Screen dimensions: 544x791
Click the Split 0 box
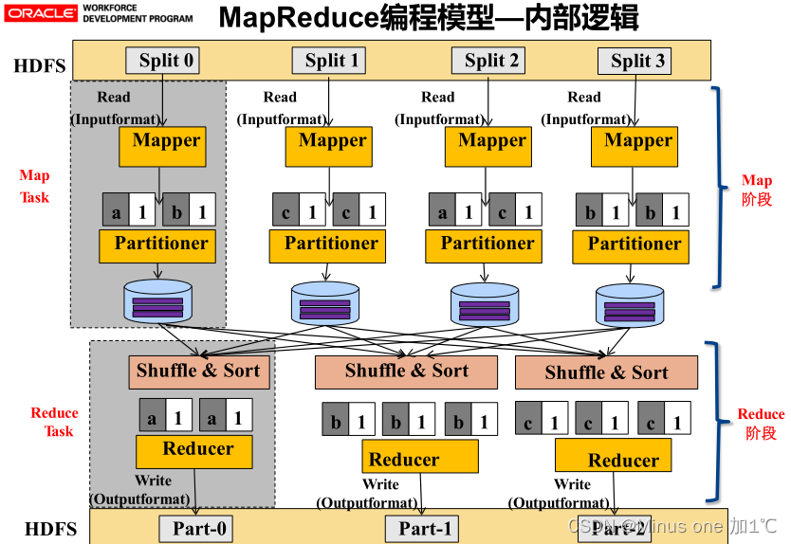[x=162, y=61]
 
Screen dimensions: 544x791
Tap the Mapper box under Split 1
[x=328, y=146]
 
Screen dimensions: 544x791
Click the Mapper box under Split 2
[x=487, y=146]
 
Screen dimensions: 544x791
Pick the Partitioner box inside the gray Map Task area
[x=157, y=245]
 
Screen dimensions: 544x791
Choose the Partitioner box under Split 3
[x=631, y=245]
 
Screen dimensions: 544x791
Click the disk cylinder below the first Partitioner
[x=157, y=300]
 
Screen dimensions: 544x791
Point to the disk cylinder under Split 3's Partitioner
[x=630, y=305]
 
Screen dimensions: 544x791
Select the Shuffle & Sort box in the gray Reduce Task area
[x=198, y=371]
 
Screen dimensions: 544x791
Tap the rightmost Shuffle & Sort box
[x=606, y=372]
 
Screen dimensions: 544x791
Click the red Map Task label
[x=34, y=187]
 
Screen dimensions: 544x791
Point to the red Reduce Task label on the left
[x=54, y=422]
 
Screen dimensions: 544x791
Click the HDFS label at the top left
[x=39, y=66]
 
